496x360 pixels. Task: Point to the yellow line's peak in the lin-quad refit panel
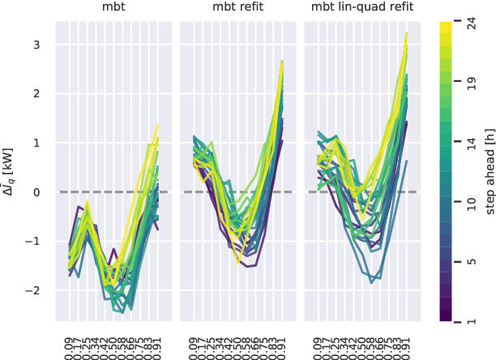[406, 33]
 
